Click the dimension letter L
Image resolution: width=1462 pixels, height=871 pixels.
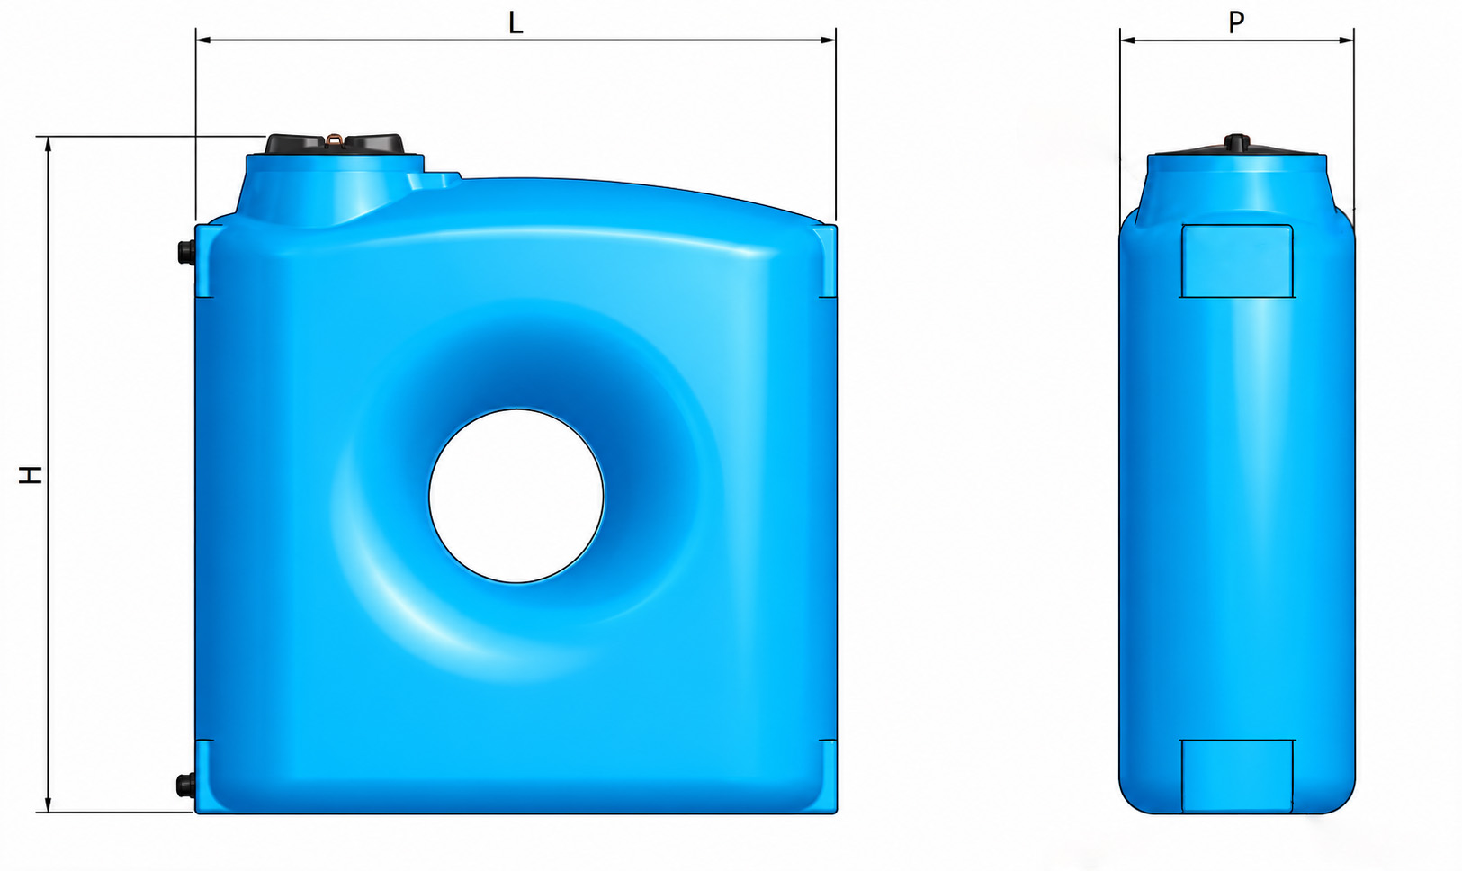click(516, 23)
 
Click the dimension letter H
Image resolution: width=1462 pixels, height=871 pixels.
click(30, 475)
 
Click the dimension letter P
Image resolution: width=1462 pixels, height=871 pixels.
click(1236, 22)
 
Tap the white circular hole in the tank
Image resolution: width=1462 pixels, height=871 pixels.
click(516, 496)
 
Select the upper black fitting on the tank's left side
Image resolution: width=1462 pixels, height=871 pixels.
click(186, 252)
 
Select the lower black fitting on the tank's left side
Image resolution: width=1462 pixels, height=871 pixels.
click(186, 785)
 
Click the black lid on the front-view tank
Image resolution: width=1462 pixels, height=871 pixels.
click(334, 144)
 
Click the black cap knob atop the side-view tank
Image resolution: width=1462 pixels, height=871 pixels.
click(1236, 142)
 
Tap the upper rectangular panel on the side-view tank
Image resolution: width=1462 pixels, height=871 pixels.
click(1237, 261)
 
